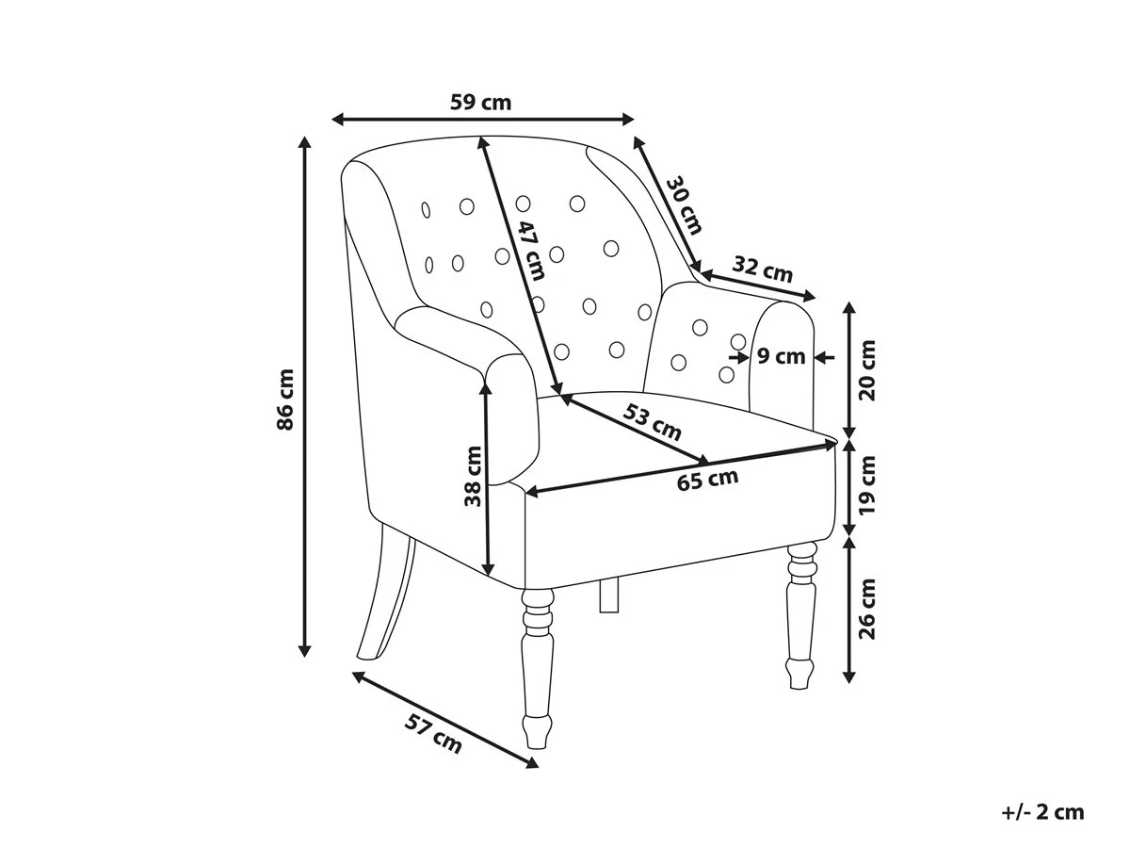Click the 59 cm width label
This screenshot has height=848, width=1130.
pos(480,102)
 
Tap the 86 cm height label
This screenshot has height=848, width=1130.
pos(284,399)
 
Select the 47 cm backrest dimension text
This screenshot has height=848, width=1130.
pos(531,251)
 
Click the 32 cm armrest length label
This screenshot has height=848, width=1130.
pos(762,269)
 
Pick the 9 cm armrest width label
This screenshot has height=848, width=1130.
pos(781,356)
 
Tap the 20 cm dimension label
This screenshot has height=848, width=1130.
pos(867,370)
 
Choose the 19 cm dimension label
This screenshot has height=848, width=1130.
pos(867,484)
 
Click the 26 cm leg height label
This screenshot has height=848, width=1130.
pos(867,609)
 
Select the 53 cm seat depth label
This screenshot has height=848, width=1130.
pos(653,422)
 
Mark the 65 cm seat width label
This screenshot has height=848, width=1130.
pos(707,480)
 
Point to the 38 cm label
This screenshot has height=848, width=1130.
pos(473,476)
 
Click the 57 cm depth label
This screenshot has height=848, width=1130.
pos(433,733)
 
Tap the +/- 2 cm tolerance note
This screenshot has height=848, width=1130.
pos(1042,812)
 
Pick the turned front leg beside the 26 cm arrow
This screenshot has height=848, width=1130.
pos(801,615)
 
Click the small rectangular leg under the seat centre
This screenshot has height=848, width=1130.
pos(609,595)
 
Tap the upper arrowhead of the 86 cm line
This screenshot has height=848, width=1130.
pos(305,143)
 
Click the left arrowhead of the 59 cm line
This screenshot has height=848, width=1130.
pos(338,120)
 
